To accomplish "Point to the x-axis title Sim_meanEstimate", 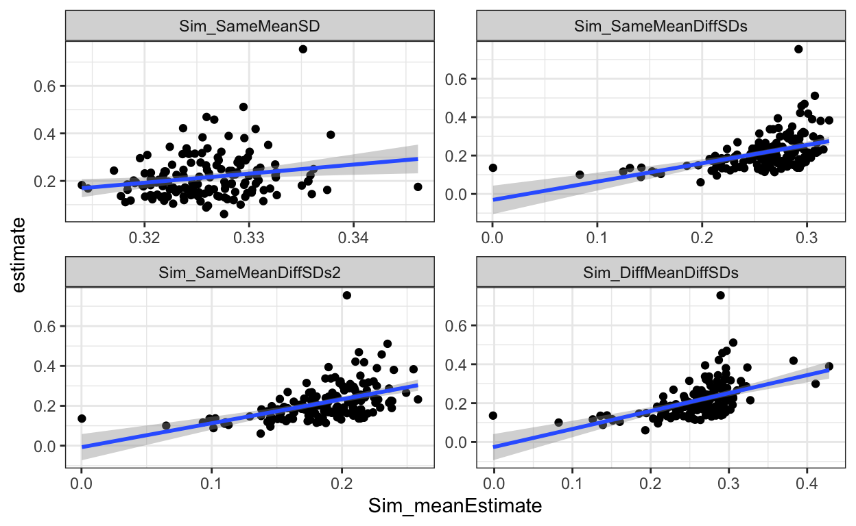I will [x=455, y=507].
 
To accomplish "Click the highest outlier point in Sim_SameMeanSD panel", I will [x=302, y=49].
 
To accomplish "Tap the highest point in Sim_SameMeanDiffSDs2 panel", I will [x=346, y=295].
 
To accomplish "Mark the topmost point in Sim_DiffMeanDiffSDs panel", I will [x=720, y=295].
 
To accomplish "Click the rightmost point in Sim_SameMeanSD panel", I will [x=418, y=186].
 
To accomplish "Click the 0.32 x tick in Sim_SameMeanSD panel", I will [x=144, y=236].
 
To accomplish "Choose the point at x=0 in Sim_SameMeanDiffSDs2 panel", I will [x=82, y=418].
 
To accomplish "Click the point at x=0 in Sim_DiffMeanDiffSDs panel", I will [x=493, y=415].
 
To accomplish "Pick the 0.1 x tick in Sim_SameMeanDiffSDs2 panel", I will [x=211, y=483].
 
